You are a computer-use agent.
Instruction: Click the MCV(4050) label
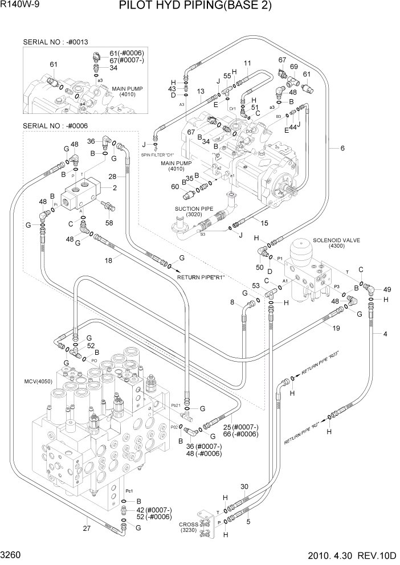tap(38, 381)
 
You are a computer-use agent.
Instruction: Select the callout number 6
tap(342, 149)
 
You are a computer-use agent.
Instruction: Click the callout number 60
tap(175, 186)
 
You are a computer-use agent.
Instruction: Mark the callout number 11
tap(247, 63)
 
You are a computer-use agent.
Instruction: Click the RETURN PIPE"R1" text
tap(202, 277)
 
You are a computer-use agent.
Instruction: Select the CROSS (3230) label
tap(189, 528)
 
